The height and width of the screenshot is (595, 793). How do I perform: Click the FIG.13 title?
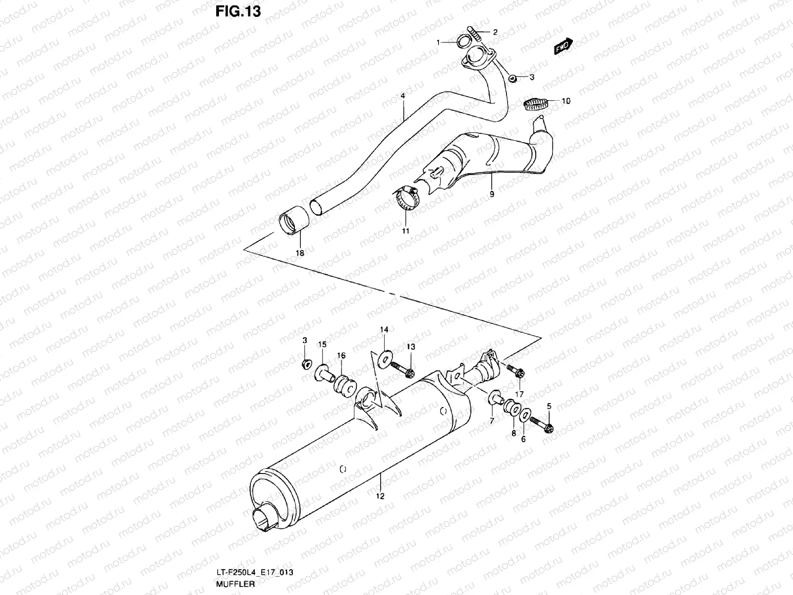coord(238,11)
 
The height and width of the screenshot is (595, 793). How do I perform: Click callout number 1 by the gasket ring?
coord(438,43)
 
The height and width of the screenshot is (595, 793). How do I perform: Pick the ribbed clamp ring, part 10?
coord(537,104)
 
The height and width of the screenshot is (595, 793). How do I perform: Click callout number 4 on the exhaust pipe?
coord(403,94)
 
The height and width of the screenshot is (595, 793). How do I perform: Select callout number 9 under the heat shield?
coord(492,194)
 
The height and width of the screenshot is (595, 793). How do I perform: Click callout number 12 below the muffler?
coord(380,496)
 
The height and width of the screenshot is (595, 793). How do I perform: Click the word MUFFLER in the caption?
coord(235,584)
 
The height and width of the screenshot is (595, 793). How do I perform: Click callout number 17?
coord(519,394)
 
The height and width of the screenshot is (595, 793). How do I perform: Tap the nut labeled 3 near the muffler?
coord(306,365)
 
